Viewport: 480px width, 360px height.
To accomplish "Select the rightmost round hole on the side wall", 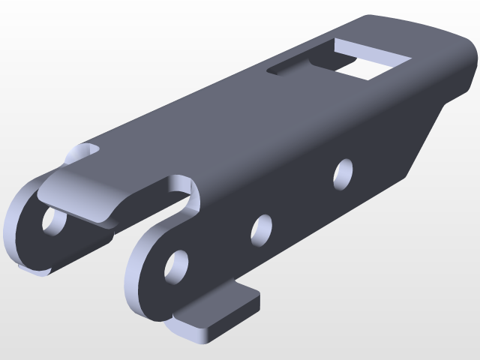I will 344,173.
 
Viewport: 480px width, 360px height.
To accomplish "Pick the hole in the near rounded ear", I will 176,267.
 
